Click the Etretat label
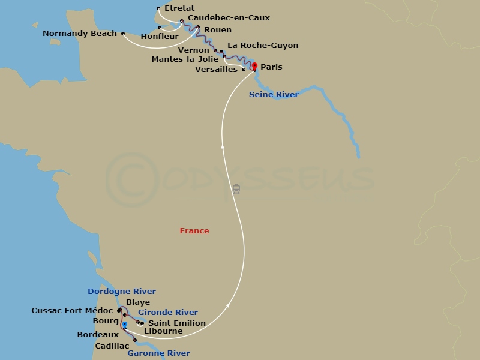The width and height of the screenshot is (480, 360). (180, 8)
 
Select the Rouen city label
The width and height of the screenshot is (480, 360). (217, 30)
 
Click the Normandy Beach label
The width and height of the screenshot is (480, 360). (80, 34)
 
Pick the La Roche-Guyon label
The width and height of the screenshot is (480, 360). (263, 46)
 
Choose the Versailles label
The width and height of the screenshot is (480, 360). (217, 70)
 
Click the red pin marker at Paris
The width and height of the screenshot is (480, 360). (254, 66)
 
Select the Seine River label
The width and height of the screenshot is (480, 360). (274, 95)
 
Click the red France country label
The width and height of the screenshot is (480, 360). (194, 231)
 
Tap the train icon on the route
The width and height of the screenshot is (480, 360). (236, 190)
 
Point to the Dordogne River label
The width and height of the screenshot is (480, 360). (122, 292)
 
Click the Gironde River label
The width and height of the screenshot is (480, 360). (168, 313)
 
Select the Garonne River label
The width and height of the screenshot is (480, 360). (159, 353)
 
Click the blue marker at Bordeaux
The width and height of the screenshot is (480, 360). (124, 325)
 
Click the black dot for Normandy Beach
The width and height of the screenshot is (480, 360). (122, 34)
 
